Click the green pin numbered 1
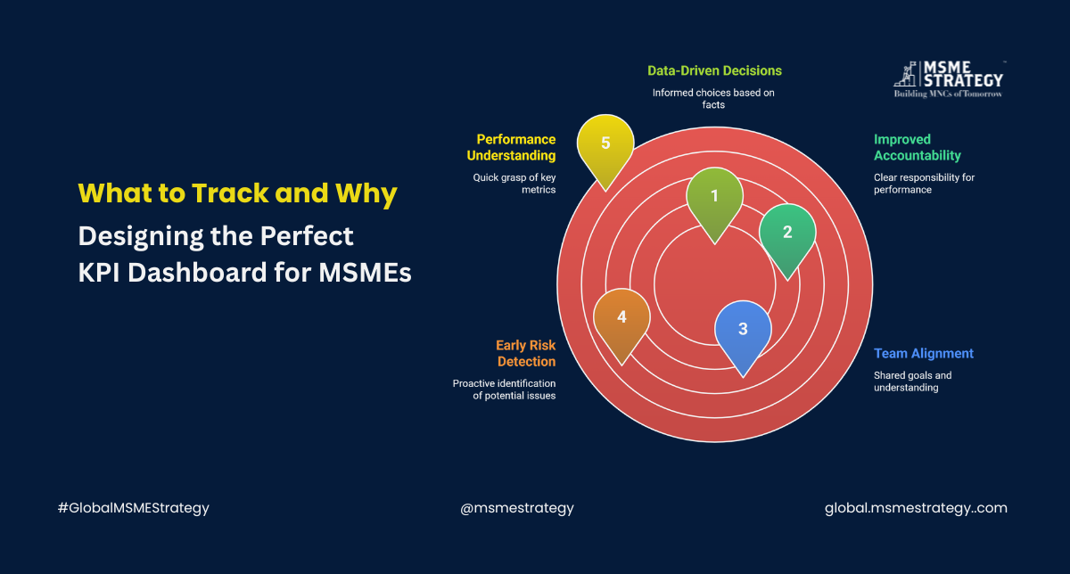pyautogui.click(x=714, y=198)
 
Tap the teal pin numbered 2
pyautogui.click(x=787, y=234)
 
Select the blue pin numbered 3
pyautogui.click(x=743, y=331)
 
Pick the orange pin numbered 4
pyautogui.click(x=621, y=319)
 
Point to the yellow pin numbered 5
pyautogui.click(x=605, y=144)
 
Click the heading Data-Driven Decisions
pyautogui.click(x=713, y=70)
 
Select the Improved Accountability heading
pyautogui.click(x=917, y=147)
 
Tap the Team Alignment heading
pyautogui.click(x=923, y=353)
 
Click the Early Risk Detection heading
pyautogui.click(x=526, y=353)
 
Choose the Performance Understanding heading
pyautogui.click(x=515, y=147)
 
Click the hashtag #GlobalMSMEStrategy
pyautogui.click(x=133, y=508)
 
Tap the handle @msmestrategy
pyautogui.click(x=517, y=508)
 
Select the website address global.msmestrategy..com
pyautogui.click(x=916, y=508)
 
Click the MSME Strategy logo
pyautogui.click(x=947, y=78)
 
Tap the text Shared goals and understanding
pyautogui.click(x=913, y=381)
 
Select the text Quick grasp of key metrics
pyautogui.click(x=514, y=184)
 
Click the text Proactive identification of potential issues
pyautogui.click(x=504, y=389)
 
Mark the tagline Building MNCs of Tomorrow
pyautogui.click(x=947, y=94)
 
